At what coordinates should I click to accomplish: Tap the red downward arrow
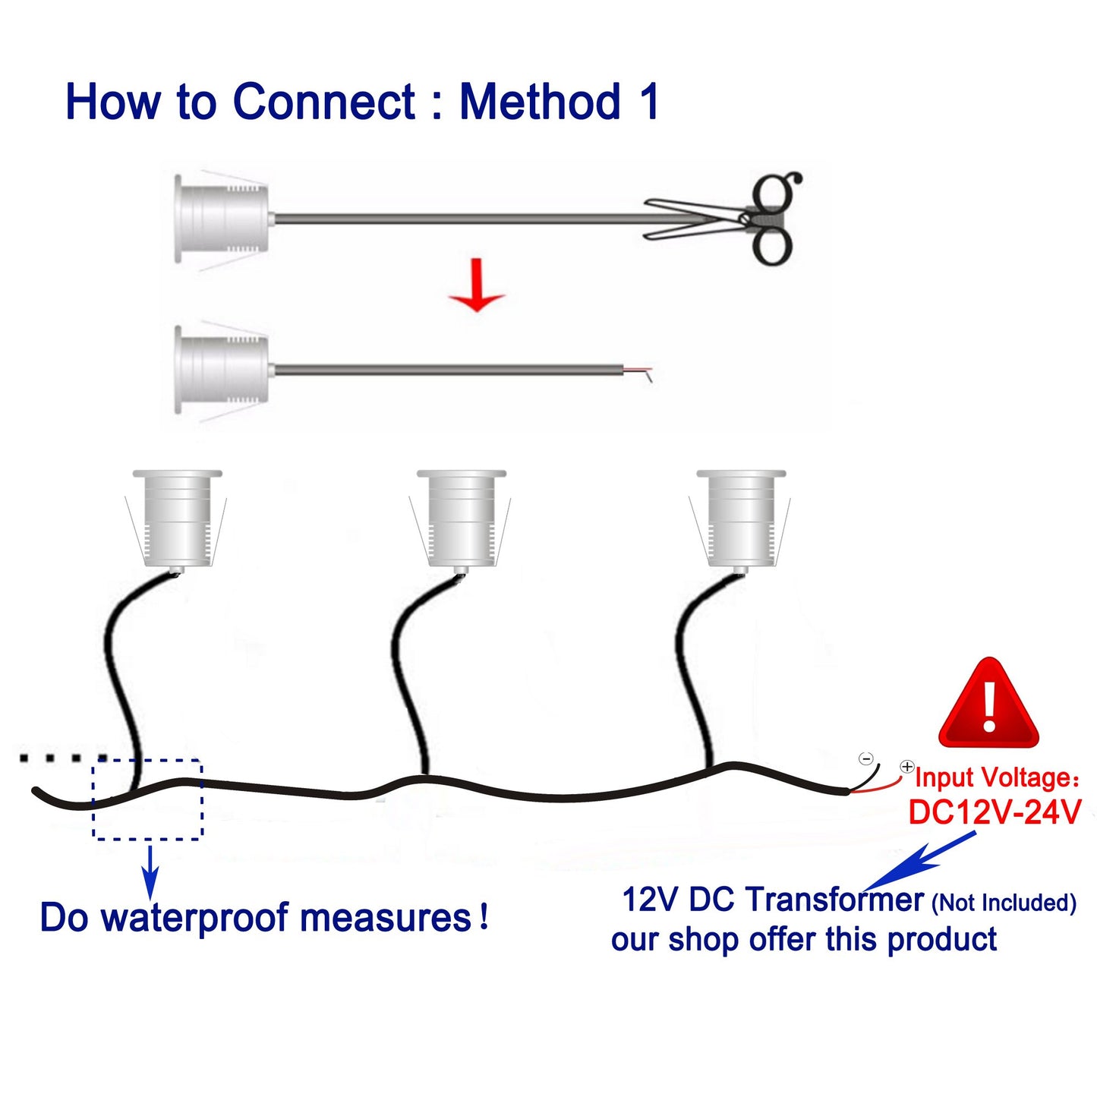477,285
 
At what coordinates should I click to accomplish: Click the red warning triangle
989,705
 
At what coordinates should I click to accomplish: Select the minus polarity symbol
866,759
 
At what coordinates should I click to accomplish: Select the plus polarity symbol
907,767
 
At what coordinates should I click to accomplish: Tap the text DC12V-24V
995,812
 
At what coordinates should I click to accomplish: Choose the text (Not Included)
1004,903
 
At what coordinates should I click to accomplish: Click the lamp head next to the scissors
222,219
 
